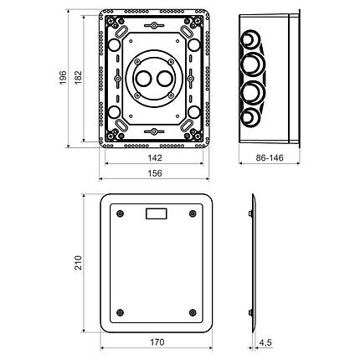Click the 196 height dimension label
pos(63,78)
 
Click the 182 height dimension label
pos(79,77)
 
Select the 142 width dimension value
pos(155,157)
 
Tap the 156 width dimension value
pos(155,173)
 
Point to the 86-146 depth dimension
pos(270,158)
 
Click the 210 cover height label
pos(79,263)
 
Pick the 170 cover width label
pos(157,342)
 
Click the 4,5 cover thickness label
pos(265,342)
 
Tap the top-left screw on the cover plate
pos(121,213)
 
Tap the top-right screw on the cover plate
pos(193,213)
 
